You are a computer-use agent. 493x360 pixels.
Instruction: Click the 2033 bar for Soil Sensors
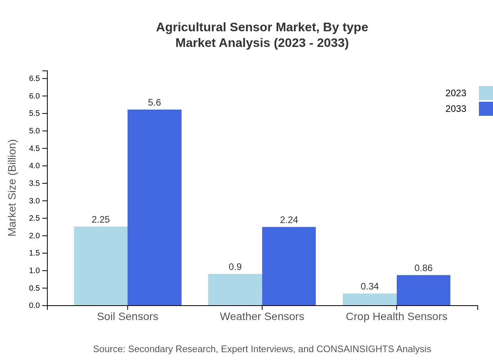[155, 207]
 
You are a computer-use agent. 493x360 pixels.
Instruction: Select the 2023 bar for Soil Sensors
[101, 266]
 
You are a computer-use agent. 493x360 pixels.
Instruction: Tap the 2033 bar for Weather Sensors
[289, 266]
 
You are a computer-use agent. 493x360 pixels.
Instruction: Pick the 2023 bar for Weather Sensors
[235, 290]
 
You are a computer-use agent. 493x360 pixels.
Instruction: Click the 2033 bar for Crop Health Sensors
[423, 290]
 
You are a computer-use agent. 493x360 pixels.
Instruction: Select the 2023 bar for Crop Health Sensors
[370, 299]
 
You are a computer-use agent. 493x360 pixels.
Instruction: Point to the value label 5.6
[155, 103]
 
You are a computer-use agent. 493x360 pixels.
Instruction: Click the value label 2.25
[101, 220]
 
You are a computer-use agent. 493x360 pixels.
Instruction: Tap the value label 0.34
[370, 286]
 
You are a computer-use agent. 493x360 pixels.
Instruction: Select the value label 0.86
[423, 268]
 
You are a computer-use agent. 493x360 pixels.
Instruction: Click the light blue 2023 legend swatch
[486, 93]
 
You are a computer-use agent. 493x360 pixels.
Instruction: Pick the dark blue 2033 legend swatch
[486, 109]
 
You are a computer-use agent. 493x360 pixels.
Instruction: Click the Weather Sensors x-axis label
[262, 317]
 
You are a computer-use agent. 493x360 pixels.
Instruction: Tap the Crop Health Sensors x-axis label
[396, 317]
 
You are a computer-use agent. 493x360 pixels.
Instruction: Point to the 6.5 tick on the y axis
[34, 79]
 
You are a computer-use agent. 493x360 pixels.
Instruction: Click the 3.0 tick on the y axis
[34, 201]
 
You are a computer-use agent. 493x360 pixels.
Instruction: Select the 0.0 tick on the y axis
[34, 306]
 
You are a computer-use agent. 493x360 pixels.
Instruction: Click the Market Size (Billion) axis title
[13, 188]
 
